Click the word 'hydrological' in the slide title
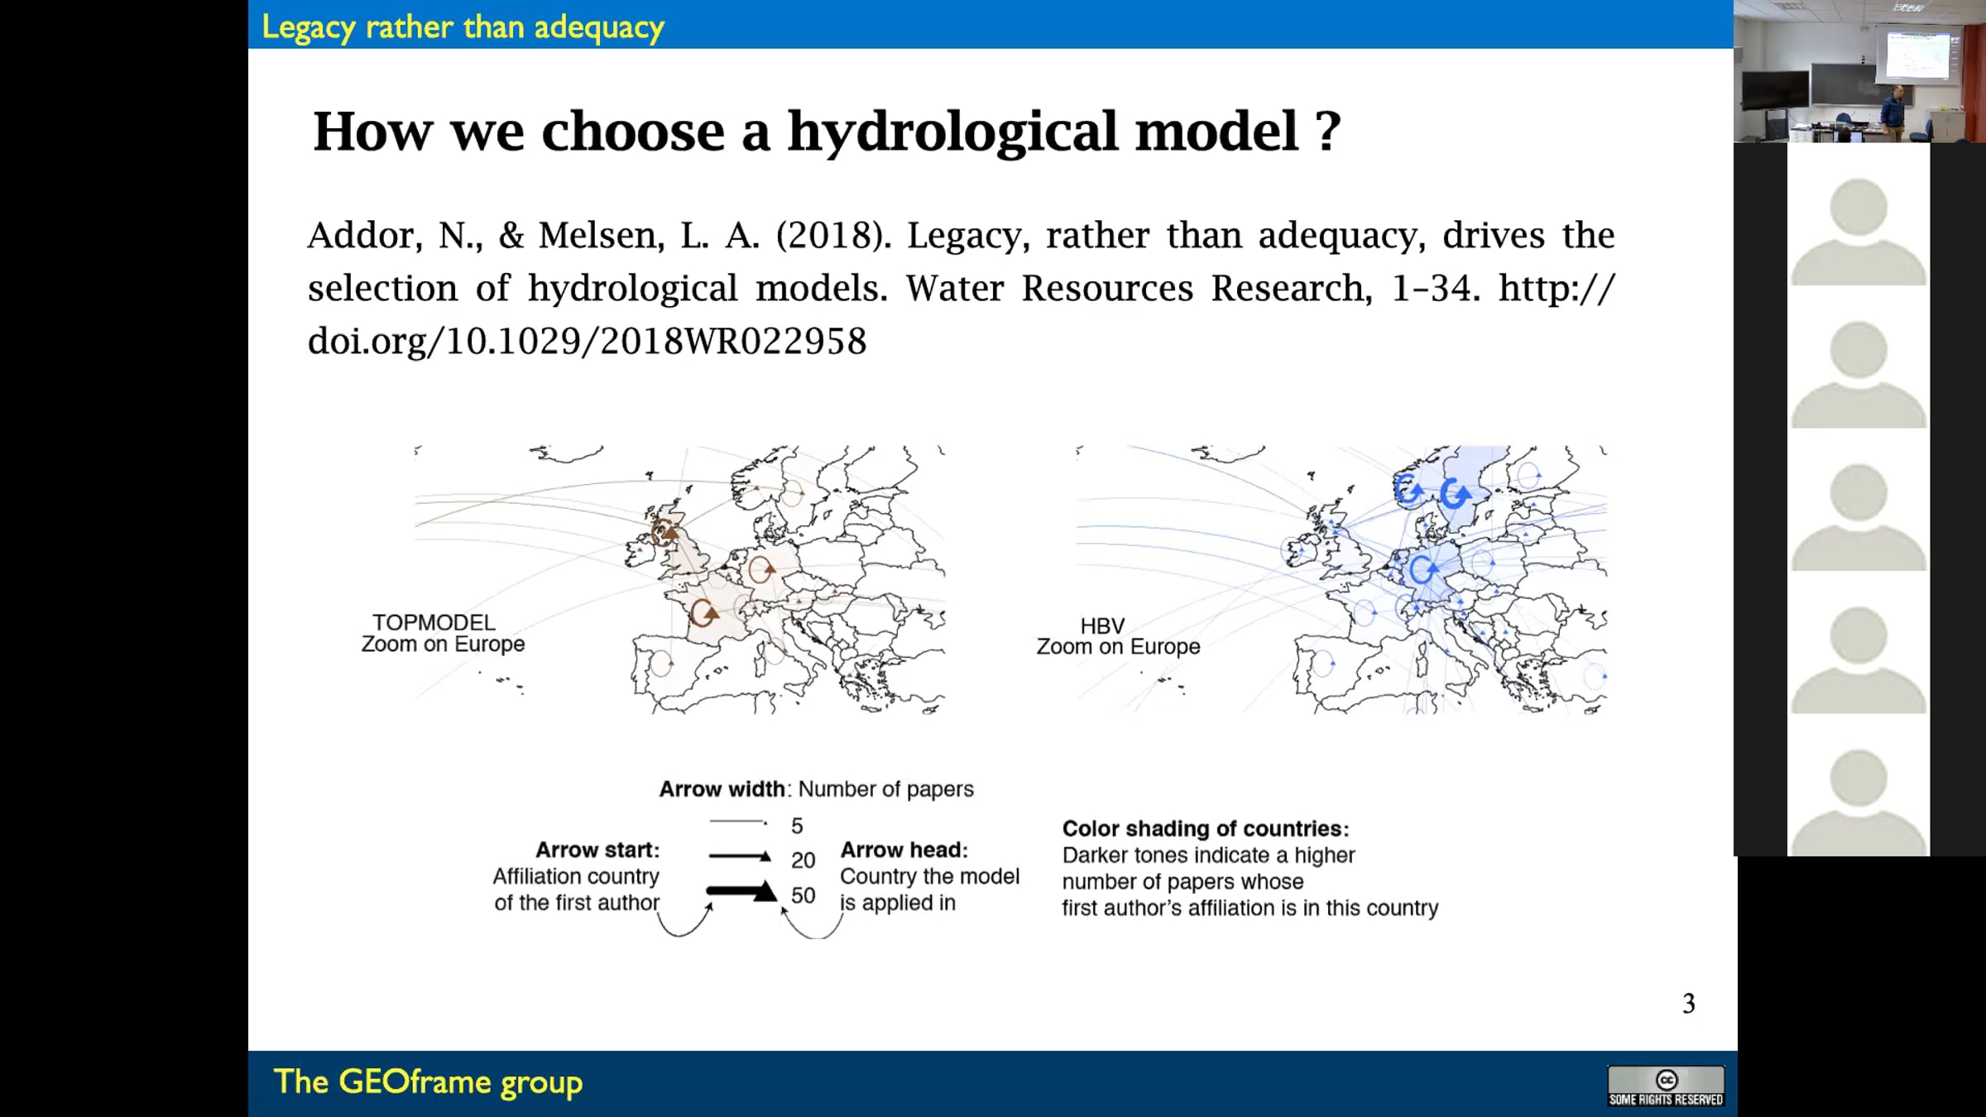[1043, 132]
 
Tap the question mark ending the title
[1328, 132]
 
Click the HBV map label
[1102, 626]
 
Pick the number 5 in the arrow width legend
[797, 826]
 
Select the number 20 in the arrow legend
[803, 861]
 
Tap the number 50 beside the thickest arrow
[803, 895]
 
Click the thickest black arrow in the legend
[741, 891]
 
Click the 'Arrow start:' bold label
[597, 850]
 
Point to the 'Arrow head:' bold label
[904, 850]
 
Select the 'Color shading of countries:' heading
[1206, 828]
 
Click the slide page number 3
[1689, 1004]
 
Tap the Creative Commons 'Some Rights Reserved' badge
[1666, 1086]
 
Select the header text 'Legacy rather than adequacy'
[463, 27]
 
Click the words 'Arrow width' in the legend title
[722, 789]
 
